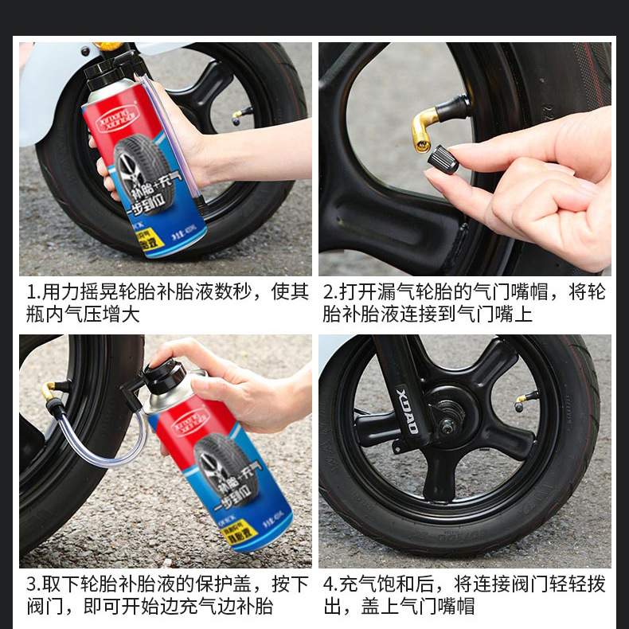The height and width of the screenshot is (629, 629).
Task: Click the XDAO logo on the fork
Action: click(407, 410)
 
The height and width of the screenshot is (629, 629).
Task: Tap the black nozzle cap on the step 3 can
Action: click(165, 375)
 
